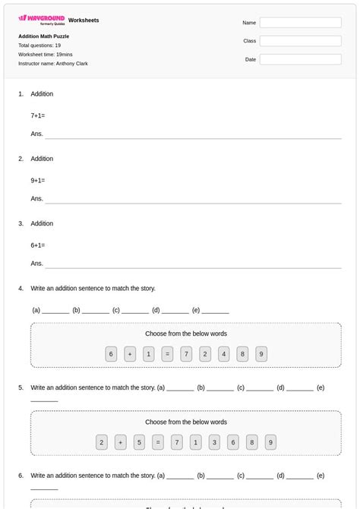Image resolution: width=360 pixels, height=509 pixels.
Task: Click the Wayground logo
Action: click(x=42, y=19)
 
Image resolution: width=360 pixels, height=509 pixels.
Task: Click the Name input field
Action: click(x=300, y=23)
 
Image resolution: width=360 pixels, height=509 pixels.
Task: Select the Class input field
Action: click(x=300, y=41)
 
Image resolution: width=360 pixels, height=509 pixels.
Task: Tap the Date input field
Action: click(x=300, y=58)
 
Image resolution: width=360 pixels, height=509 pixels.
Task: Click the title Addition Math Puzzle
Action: click(x=43, y=36)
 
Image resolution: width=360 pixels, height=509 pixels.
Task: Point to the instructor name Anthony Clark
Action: click(x=53, y=64)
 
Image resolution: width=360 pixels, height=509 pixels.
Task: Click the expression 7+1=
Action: click(x=38, y=115)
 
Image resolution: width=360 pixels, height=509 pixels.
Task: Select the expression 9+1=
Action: click(x=38, y=181)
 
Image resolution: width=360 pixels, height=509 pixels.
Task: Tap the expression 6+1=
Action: click(x=38, y=245)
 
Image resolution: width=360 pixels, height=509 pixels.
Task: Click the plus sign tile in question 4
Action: click(x=130, y=354)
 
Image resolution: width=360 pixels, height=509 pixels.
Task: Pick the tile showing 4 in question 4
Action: click(x=223, y=354)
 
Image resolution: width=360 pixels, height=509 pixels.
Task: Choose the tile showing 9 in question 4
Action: click(x=261, y=354)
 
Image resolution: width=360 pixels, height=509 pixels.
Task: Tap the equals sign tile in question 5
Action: click(x=158, y=442)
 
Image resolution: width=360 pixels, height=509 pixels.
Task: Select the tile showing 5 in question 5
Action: click(x=139, y=442)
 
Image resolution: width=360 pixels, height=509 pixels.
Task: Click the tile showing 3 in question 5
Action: click(x=214, y=442)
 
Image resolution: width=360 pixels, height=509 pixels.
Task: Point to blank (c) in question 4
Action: click(x=135, y=311)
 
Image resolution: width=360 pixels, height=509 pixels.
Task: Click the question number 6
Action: click(x=21, y=476)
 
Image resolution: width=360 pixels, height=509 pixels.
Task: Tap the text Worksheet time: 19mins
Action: click(x=46, y=55)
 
